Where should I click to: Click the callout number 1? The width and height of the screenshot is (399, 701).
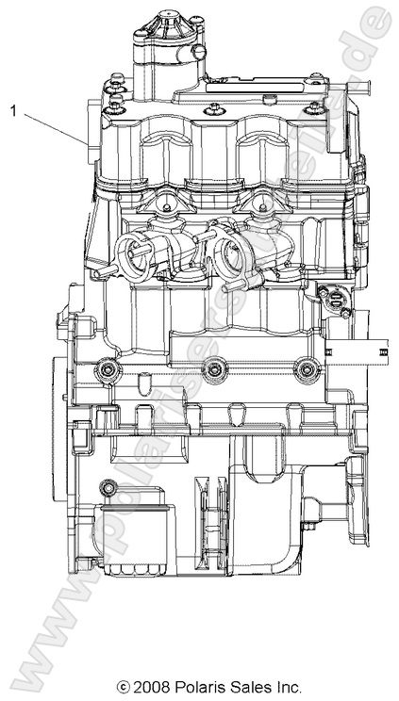click(13, 110)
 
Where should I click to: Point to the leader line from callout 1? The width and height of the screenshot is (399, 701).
click(57, 128)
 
